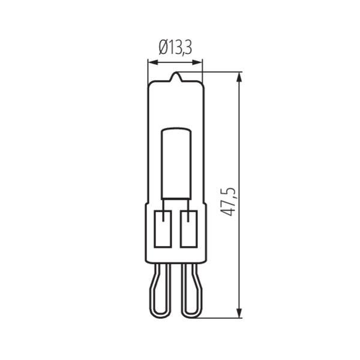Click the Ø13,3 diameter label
click(175, 48)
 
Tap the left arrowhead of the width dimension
click(153, 62)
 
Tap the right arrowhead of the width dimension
click(197, 62)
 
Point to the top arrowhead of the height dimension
click(239, 77)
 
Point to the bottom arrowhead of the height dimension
click(239, 313)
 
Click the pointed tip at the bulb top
click(176, 73)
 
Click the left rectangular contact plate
click(163, 229)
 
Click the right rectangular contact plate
click(189, 229)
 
